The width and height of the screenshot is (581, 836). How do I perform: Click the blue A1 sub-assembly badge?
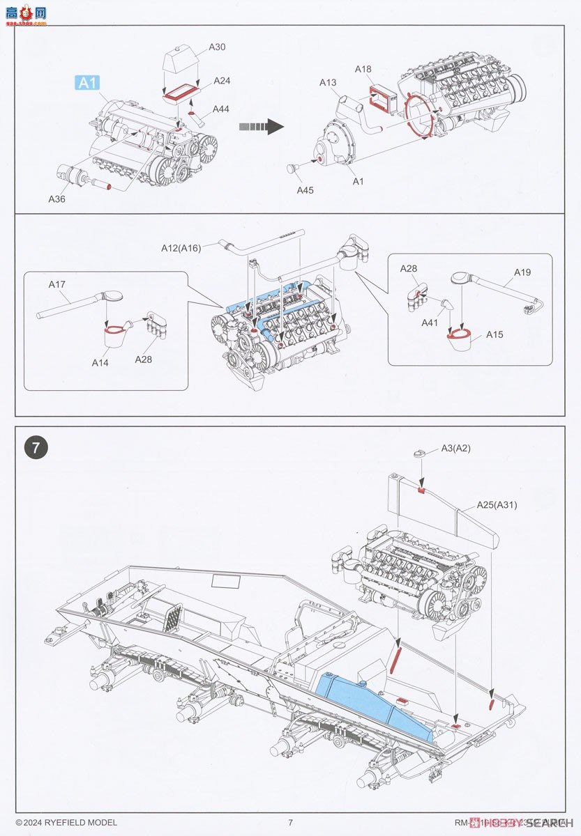pyautogui.click(x=86, y=83)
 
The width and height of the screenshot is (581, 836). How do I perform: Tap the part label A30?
pyautogui.click(x=217, y=47)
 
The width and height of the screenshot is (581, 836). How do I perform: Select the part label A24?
pyautogui.click(x=222, y=81)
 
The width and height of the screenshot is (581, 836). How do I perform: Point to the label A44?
pyautogui.click(x=221, y=109)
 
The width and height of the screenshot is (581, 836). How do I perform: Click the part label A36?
pyautogui.click(x=56, y=199)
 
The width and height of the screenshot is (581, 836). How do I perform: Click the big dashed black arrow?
pyautogui.click(x=260, y=126)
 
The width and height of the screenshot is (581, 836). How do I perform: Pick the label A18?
pyautogui.click(x=363, y=69)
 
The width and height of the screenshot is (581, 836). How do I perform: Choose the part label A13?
pyautogui.click(x=328, y=83)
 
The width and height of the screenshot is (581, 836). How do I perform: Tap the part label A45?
pyautogui.click(x=305, y=189)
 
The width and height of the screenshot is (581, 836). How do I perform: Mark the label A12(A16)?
pyautogui.click(x=181, y=247)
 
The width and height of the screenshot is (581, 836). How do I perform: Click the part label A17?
pyautogui.click(x=57, y=284)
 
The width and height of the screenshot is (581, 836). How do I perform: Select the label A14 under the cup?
pyautogui.click(x=100, y=362)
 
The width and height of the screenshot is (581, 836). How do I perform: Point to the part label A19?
pyautogui.click(x=522, y=272)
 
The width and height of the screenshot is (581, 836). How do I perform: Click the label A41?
pyautogui.click(x=430, y=323)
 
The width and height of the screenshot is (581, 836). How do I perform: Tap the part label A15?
pyautogui.click(x=495, y=334)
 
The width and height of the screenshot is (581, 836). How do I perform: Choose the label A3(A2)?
pyautogui.click(x=455, y=448)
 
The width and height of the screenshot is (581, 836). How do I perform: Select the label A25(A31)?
pyautogui.click(x=497, y=505)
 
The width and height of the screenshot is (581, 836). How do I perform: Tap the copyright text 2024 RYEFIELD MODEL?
pyautogui.click(x=66, y=823)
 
